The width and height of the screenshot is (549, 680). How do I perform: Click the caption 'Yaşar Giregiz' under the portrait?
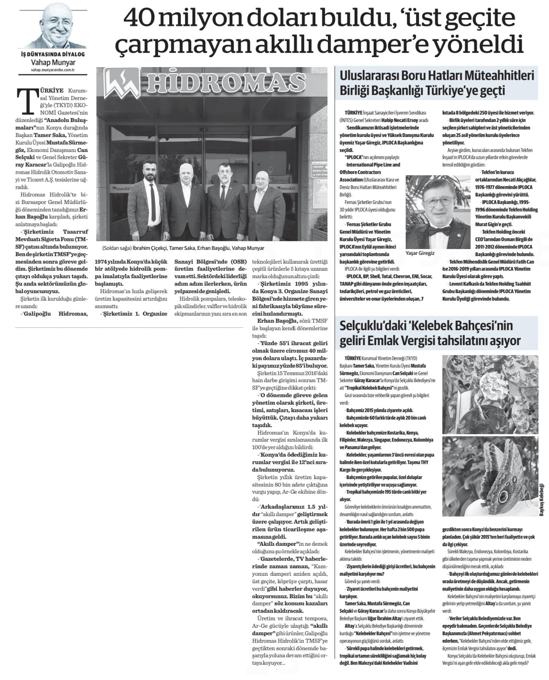click(x=420, y=253)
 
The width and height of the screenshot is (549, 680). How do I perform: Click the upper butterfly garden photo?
click(x=490, y=394)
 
